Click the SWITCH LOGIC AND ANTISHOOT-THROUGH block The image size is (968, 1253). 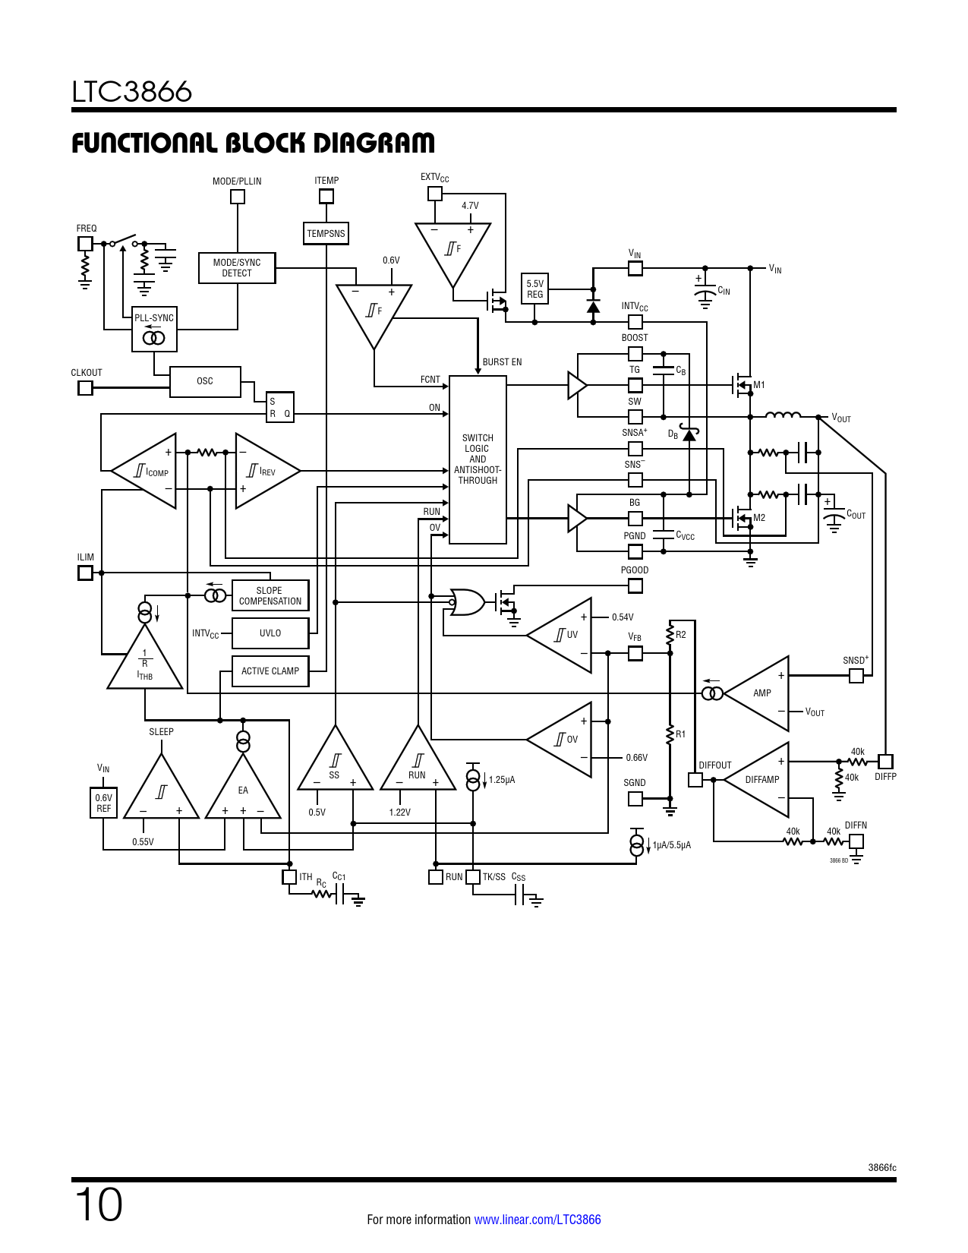click(478, 459)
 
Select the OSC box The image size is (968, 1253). click(205, 381)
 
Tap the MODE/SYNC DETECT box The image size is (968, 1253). click(237, 268)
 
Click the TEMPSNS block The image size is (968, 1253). click(326, 234)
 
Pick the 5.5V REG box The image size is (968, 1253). click(534, 289)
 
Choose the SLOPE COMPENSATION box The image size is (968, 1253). click(270, 596)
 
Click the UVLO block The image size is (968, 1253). click(270, 633)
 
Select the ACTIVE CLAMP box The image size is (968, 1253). click(270, 671)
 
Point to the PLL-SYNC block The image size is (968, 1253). click(154, 330)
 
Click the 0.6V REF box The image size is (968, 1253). click(103, 803)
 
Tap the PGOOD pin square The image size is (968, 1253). click(635, 585)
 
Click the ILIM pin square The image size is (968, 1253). click(86, 573)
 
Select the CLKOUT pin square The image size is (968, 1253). click(86, 388)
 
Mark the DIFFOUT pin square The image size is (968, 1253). click(695, 780)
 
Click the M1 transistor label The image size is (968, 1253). click(759, 385)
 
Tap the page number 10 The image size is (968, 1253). click(98, 1205)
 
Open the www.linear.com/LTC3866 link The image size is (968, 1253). click(538, 1220)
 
